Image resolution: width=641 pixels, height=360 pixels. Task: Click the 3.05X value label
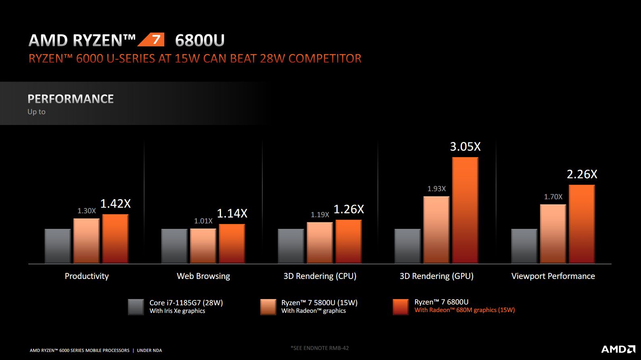pyautogui.click(x=465, y=147)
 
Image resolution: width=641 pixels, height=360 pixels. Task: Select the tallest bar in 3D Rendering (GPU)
pyautogui.click(x=465, y=210)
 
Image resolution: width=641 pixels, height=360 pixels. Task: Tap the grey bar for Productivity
pyautogui.click(x=58, y=246)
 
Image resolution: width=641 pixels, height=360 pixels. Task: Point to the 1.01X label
pyautogui.click(x=203, y=221)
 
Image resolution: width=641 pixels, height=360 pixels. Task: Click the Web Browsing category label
pyautogui.click(x=203, y=276)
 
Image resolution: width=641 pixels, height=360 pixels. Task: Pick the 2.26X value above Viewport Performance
pyautogui.click(x=582, y=174)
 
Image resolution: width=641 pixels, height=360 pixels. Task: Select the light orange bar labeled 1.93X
pyautogui.click(x=436, y=230)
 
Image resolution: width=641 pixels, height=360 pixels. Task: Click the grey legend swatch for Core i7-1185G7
pyautogui.click(x=136, y=307)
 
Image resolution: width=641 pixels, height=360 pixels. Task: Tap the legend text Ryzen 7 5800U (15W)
pyautogui.click(x=319, y=303)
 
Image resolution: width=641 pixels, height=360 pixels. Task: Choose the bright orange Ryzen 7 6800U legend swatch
pyautogui.click(x=401, y=307)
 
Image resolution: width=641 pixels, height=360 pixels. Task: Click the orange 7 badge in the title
pyautogui.click(x=152, y=40)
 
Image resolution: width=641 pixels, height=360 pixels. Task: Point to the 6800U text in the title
pyautogui.click(x=200, y=40)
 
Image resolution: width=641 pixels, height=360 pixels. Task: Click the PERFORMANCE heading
pyautogui.click(x=71, y=99)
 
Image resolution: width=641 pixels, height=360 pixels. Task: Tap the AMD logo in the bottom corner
pyautogui.click(x=618, y=349)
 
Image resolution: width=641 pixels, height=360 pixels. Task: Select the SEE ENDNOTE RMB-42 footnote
pyautogui.click(x=319, y=348)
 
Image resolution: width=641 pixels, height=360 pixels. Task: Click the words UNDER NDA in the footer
pyautogui.click(x=149, y=350)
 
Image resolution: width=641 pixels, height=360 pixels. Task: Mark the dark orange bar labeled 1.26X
pyautogui.click(x=349, y=241)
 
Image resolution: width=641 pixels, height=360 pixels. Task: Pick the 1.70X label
pyautogui.click(x=553, y=197)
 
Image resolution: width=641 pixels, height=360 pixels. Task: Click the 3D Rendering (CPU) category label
pyautogui.click(x=320, y=276)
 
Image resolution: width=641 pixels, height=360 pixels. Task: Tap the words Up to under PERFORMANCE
pyautogui.click(x=36, y=112)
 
